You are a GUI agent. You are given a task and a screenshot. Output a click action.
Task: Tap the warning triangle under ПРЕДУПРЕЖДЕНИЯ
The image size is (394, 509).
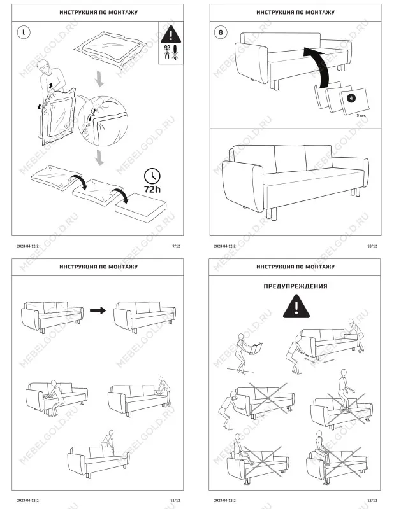pos(295,308)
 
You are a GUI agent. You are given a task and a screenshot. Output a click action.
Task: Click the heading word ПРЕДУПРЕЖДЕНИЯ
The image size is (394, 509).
pos(295,286)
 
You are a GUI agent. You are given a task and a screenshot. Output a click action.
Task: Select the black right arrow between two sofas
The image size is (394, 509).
pos(97,310)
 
